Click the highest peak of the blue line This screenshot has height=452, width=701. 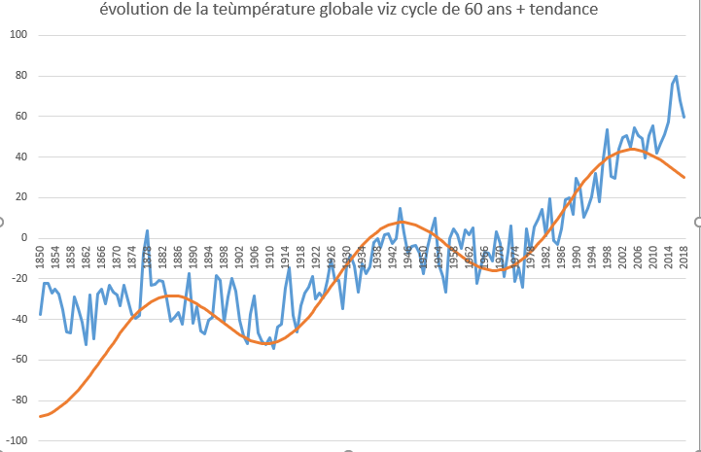pos(677,76)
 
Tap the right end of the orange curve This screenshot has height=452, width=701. pos(684,177)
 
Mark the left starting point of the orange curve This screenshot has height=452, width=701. pos(40,416)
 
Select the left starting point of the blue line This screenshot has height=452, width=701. pos(40,315)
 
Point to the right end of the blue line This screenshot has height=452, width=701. pos(684,117)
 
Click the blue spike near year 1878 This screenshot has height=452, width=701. pos(147,230)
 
